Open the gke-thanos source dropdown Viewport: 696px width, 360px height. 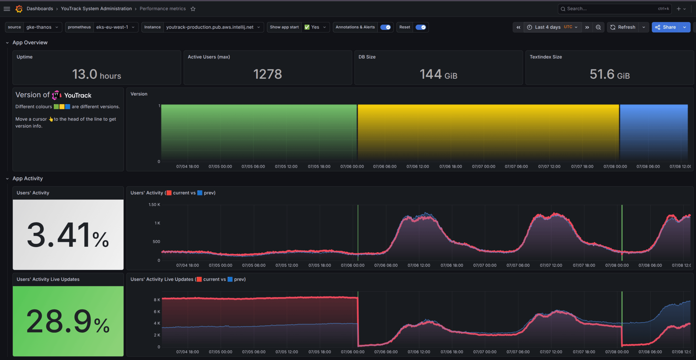coord(42,27)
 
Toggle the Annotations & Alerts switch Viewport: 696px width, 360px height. coord(385,27)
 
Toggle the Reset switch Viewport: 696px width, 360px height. coord(421,27)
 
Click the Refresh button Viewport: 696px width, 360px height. coord(623,27)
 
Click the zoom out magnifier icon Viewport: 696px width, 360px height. coord(598,27)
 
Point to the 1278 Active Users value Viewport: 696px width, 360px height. coord(267,74)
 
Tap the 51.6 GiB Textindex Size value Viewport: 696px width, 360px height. coord(610,74)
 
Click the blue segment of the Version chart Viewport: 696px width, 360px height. coord(654,132)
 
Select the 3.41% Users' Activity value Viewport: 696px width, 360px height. coord(68,235)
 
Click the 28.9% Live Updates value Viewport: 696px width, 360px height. coord(68,321)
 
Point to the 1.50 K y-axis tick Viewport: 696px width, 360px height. coord(154,205)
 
